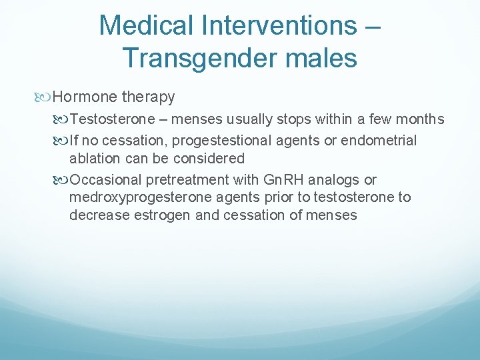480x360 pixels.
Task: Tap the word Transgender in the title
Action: click(199, 58)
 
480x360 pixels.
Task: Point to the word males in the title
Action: click(319, 58)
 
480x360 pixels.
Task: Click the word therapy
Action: click(148, 97)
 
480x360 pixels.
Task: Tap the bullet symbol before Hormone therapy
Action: click(45, 97)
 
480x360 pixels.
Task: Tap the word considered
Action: click(212, 159)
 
